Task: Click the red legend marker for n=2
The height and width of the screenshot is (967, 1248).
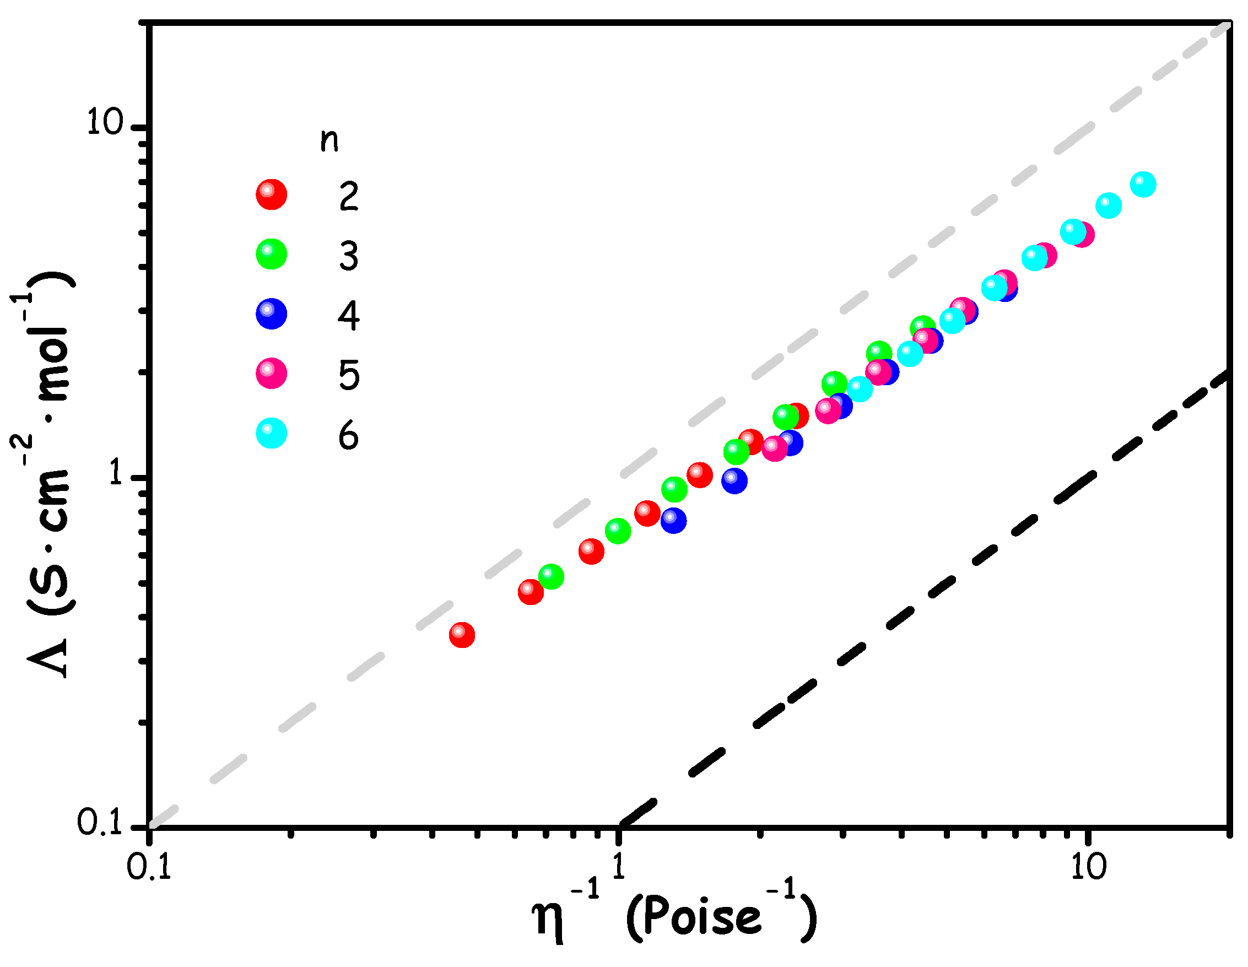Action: coord(272,195)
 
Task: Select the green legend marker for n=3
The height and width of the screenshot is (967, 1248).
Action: coord(272,254)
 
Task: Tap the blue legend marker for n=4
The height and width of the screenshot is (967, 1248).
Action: coord(272,314)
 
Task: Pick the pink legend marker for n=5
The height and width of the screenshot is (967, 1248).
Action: coord(272,374)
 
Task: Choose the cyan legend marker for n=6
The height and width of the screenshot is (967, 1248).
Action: coord(272,433)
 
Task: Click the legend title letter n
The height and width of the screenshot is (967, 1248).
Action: coord(329,141)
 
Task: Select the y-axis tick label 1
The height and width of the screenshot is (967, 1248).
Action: coord(117,473)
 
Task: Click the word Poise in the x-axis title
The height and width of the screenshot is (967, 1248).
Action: coord(694,918)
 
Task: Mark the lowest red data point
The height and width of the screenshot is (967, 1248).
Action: coord(462,635)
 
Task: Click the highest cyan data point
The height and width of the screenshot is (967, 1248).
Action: coord(1143,184)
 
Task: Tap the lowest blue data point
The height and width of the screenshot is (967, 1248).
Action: coord(674,520)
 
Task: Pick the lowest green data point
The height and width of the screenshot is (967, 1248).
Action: coord(551,576)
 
